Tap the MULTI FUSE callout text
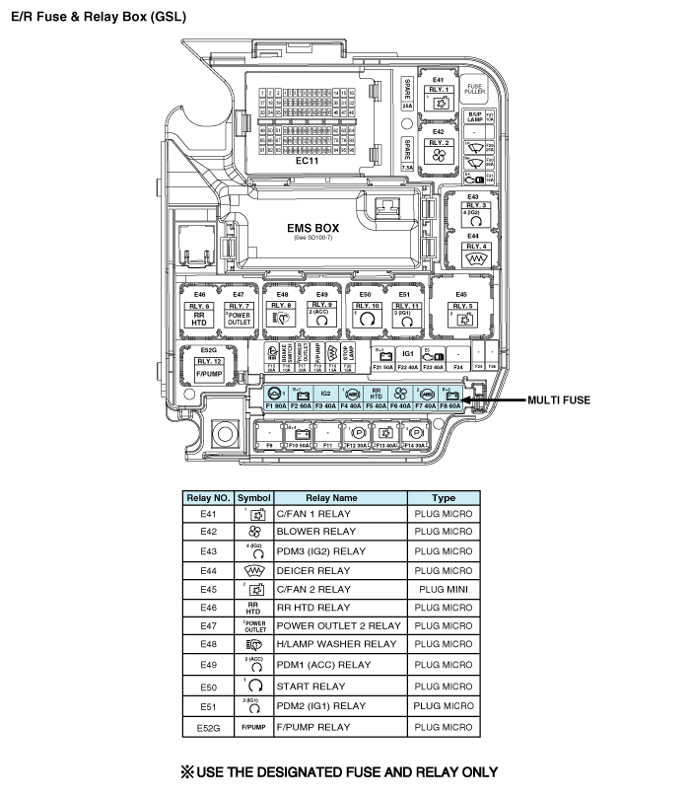point(559,399)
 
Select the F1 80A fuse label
point(276,405)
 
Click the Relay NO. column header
point(208,498)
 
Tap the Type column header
point(444,498)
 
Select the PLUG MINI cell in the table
point(444,589)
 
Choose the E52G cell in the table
point(208,727)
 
